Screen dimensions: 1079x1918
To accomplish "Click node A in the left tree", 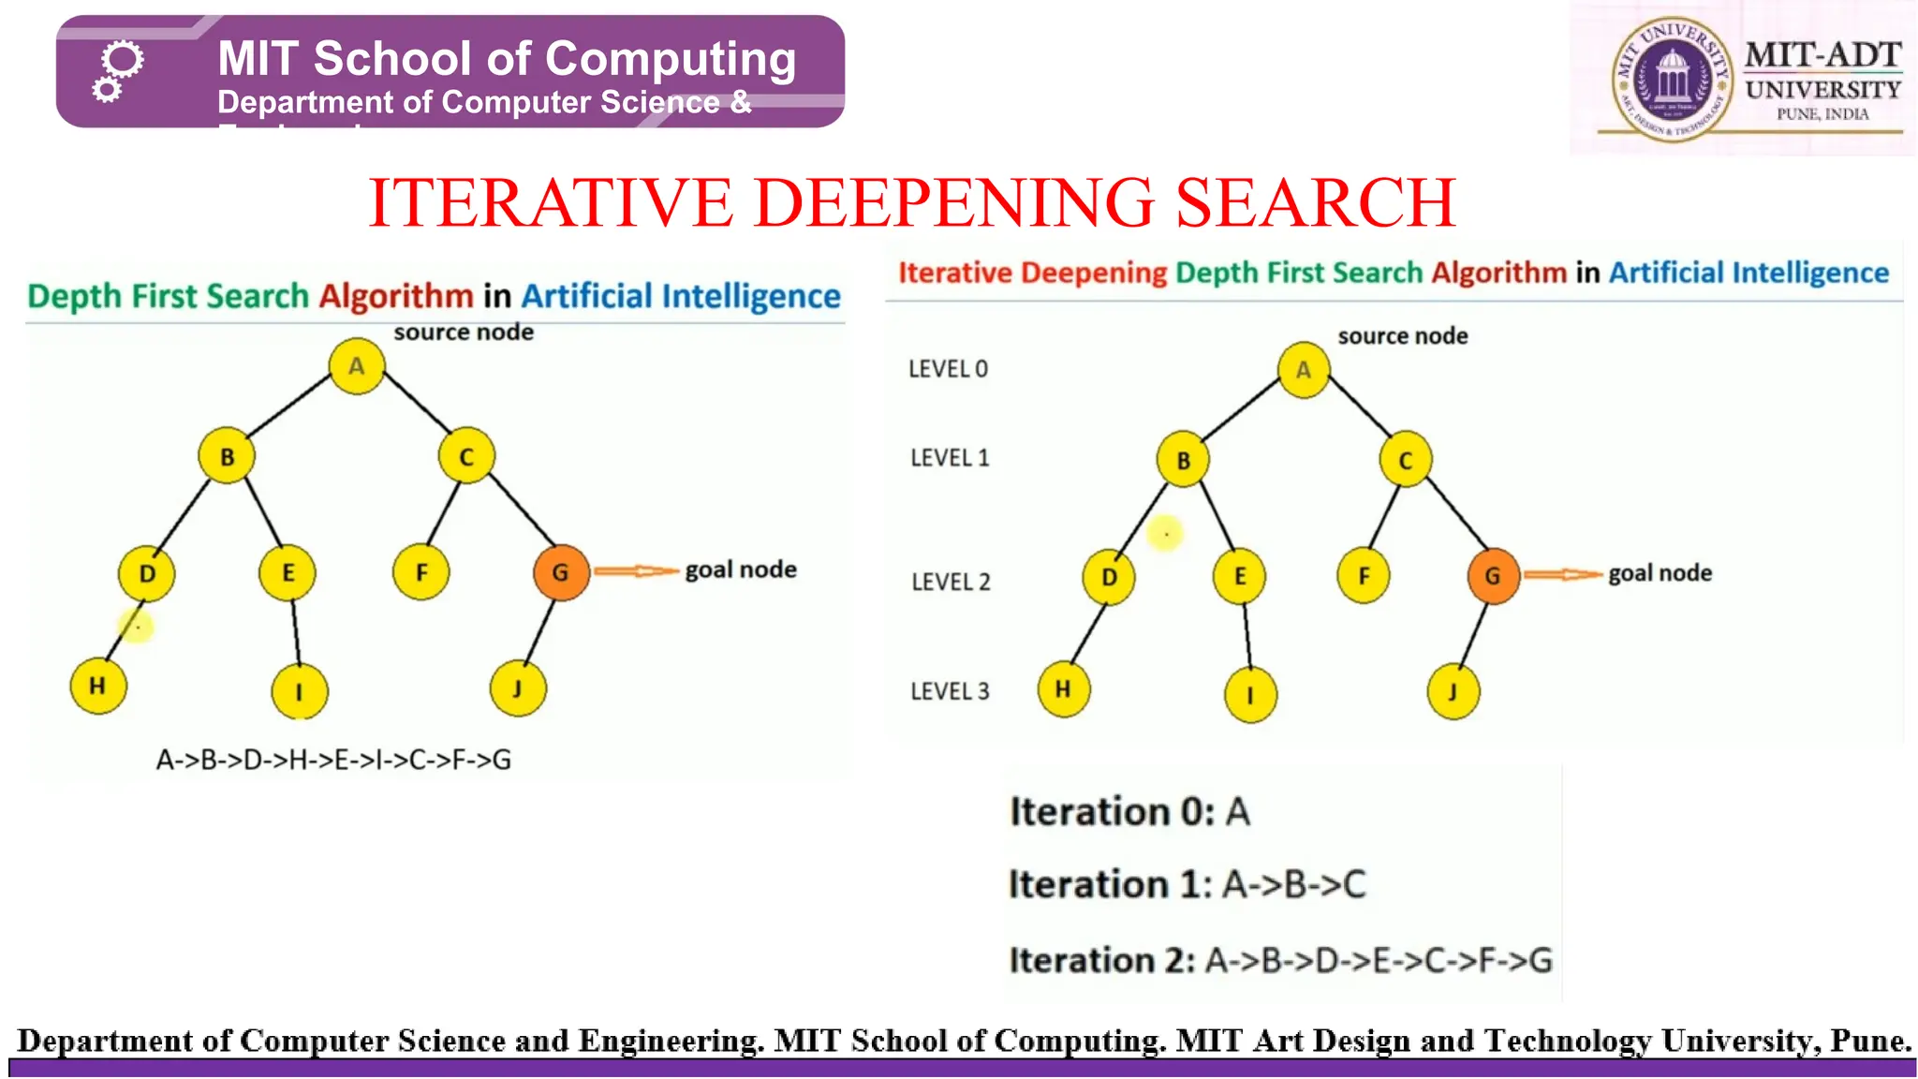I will (x=357, y=366).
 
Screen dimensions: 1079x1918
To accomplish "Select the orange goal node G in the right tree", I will (x=1493, y=576).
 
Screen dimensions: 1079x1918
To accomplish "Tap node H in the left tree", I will (x=97, y=687).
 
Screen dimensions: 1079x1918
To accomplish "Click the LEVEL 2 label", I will (x=951, y=582).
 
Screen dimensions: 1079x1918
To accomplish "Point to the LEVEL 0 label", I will (x=948, y=369).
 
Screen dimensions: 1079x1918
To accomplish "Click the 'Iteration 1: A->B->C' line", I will (x=1187, y=884).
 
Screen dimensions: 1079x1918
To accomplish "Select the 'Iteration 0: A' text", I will (x=1129, y=811).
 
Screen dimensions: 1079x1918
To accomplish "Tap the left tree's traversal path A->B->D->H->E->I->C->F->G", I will (x=333, y=760).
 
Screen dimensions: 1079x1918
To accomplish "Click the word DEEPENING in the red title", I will (x=954, y=203).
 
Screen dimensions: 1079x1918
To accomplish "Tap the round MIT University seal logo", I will (x=1672, y=81).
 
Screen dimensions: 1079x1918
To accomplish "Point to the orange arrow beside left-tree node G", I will (x=636, y=570).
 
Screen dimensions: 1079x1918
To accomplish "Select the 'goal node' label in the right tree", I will (x=1660, y=573).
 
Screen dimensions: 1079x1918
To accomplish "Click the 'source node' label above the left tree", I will (x=464, y=333).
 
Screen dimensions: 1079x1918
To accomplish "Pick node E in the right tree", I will (x=1239, y=577).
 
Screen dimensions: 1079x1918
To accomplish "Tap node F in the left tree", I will (x=421, y=573).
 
